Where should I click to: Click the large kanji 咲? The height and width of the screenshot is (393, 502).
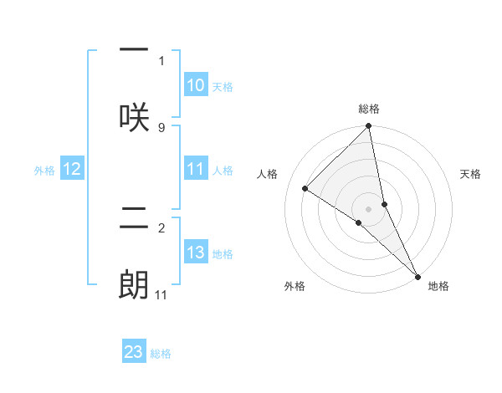click(x=134, y=116)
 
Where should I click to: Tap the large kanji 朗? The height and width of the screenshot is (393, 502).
click(x=134, y=284)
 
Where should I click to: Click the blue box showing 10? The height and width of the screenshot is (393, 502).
click(x=196, y=85)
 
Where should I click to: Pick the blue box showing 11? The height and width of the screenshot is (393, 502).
click(x=196, y=169)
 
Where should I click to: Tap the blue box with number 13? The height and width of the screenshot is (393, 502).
click(x=196, y=253)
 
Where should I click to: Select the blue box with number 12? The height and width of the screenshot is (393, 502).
click(x=72, y=169)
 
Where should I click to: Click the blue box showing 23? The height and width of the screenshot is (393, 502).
click(x=134, y=352)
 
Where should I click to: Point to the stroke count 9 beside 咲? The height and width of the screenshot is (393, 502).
click(x=161, y=127)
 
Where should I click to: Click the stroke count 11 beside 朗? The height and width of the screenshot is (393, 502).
click(x=161, y=294)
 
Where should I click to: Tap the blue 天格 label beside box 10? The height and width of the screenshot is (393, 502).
click(x=223, y=86)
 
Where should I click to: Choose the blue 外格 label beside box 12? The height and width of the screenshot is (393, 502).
click(x=44, y=170)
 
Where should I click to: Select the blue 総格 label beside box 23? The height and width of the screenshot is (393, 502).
click(x=161, y=353)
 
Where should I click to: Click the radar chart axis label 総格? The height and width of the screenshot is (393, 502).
click(x=369, y=109)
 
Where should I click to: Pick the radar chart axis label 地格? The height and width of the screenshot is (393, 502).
click(x=438, y=286)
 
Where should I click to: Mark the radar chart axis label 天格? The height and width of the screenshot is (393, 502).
click(x=470, y=174)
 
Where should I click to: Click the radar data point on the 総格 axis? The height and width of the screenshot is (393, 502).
click(x=369, y=127)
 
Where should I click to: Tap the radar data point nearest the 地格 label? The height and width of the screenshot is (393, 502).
click(x=417, y=275)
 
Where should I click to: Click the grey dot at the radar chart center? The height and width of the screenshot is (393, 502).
click(x=369, y=208)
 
